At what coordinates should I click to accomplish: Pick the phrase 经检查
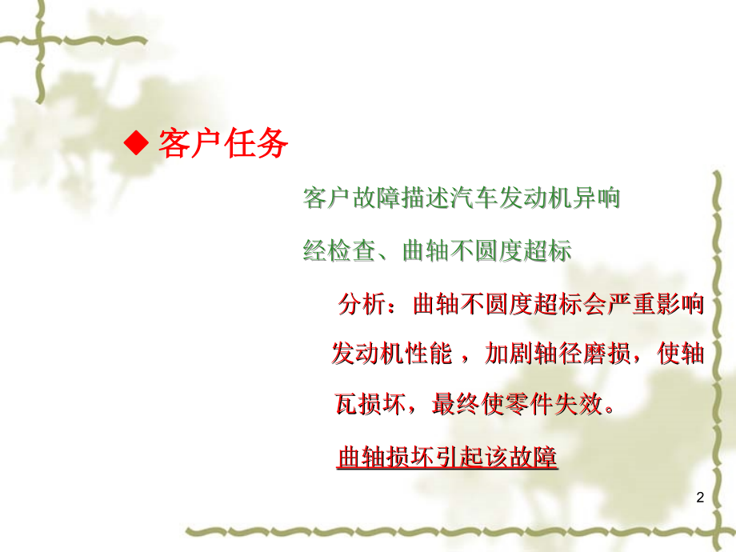point(339,251)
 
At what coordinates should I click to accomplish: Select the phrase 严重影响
point(655,305)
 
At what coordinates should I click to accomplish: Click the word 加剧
point(510,354)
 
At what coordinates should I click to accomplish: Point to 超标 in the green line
point(546,251)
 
